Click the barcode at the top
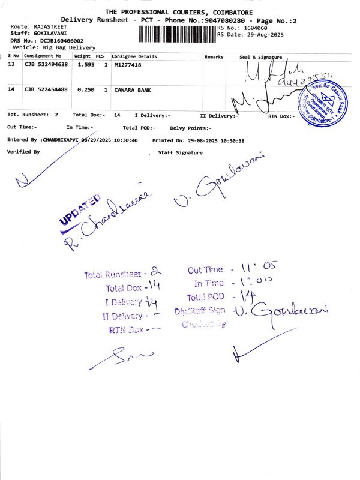177,34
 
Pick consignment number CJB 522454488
46,89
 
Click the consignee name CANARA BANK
132,89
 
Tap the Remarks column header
214,56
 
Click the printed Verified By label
23,152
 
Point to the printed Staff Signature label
180,152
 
